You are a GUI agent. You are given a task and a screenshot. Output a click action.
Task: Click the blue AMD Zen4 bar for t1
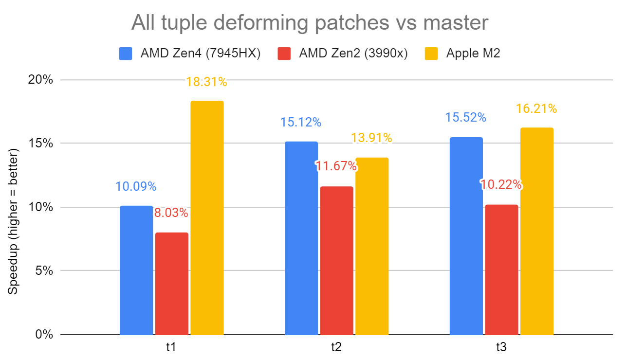[136, 270]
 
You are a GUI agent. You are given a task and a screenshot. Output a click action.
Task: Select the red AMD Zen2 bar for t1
[172, 284]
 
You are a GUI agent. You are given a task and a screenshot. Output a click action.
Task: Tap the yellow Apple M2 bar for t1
[207, 218]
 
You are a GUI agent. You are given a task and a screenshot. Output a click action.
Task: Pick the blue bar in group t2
[301, 238]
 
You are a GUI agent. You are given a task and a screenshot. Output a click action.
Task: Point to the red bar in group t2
[336, 260]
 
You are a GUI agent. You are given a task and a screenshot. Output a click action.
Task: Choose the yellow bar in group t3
[537, 231]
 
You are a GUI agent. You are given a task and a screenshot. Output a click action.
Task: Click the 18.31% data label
[206, 82]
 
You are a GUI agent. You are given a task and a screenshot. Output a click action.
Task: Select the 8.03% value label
[171, 213]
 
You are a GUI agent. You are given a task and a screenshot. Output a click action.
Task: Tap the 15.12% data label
[300, 122]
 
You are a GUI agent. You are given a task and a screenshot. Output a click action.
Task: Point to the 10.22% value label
[501, 185]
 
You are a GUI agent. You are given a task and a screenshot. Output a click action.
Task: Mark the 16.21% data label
[536, 108]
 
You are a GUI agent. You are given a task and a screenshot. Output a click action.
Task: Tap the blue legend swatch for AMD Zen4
[126, 54]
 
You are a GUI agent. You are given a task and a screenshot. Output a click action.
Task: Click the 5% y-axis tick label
[45, 271]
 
